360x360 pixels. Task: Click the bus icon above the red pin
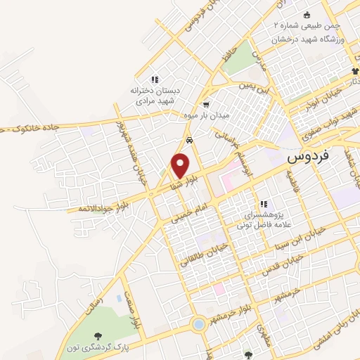pyautogui.click(x=190, y=140)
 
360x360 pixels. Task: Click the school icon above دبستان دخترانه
pyautogui.click(x=154, y=79)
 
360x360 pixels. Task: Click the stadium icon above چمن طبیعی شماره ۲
pyautogui.click(x=307, y=15)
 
